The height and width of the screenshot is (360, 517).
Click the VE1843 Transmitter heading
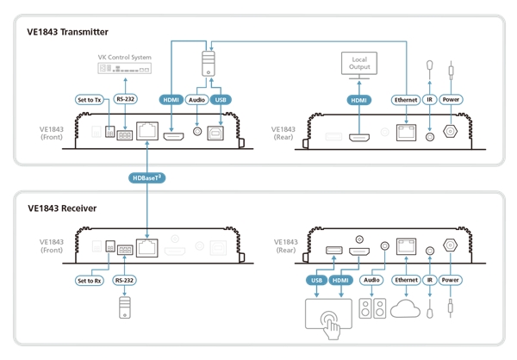68,32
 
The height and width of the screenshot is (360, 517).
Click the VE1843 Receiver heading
62,208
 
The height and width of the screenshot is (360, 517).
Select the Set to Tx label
90,99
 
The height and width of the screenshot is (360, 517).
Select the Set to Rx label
90,280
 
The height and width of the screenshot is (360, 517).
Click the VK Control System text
123,58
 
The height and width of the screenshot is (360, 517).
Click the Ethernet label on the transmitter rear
404,99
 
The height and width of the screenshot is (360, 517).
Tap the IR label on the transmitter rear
429,99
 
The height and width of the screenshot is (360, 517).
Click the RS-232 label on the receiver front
125,280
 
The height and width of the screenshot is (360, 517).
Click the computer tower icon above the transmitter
208,62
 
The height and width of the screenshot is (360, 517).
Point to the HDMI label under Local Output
358,99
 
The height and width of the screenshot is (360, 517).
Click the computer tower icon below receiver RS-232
124,308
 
